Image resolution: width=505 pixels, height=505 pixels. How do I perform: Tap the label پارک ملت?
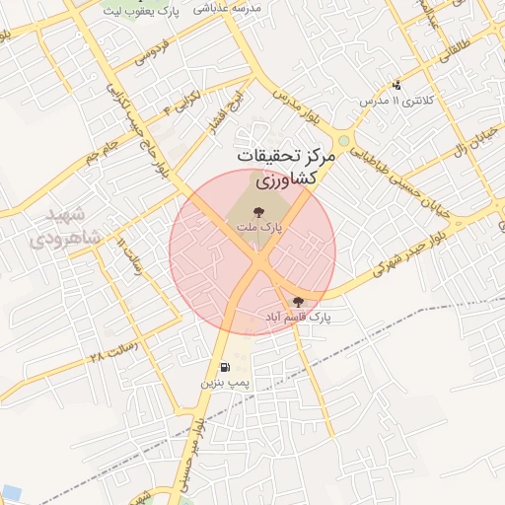[257, 228]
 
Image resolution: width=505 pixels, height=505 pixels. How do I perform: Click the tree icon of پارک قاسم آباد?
[299, 302]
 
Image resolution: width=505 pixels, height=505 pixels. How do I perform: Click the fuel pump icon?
[226, 366]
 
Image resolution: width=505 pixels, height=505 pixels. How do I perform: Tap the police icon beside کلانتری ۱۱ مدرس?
[397, 86]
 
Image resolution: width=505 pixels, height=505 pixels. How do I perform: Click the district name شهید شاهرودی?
[58, 227]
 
